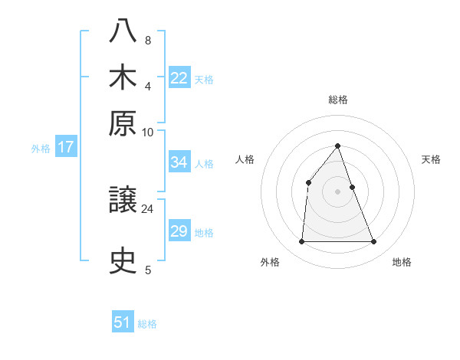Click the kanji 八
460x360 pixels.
(x=123, y=31)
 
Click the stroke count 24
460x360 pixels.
(x=148, y=208)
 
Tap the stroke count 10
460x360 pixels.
(x=147, y=132)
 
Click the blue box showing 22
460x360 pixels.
(x=179, y=78)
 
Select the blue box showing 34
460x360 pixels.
(x=179, y=162)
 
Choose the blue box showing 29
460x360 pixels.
(x=179, y=231)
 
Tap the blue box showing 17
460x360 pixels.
(x=65, y=147)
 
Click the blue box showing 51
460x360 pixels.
(x=123, y=322)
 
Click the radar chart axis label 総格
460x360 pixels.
(x=338, y=100)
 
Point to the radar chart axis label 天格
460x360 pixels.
(x=431, y=159)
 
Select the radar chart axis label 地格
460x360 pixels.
(x=402, y=262)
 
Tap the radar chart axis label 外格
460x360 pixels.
(x=270, y=262)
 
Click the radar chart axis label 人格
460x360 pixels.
(x=245, y=159)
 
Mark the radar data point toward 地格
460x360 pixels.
(x=374, y=242)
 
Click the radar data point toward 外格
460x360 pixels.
(x=301, y=242)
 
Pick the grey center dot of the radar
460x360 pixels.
(x=337, y=191)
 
